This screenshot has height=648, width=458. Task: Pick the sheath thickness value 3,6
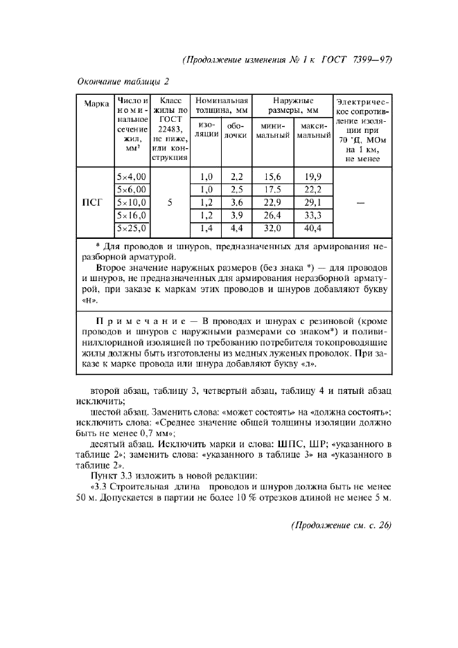(236, 203)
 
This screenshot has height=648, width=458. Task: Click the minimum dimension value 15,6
(272, 177)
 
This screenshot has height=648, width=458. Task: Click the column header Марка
(96, 105)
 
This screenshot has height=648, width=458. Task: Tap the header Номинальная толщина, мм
(221, 105)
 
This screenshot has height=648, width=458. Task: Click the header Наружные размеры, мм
(292, 105)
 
